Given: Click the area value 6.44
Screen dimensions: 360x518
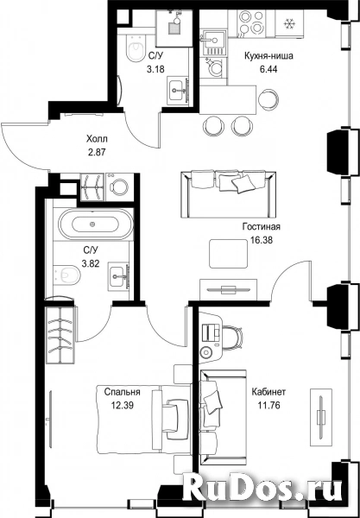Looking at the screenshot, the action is coord(268,69).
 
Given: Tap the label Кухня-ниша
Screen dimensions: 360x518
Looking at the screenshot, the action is coord(268,56).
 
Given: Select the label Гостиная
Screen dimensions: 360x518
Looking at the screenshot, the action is coord(262,227).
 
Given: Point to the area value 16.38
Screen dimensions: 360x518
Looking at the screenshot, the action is coord(262,241).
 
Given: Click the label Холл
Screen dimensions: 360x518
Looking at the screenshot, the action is coord(97,139).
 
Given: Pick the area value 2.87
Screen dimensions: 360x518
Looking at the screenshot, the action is coord(97,153).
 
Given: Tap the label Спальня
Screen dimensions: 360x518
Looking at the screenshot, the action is coord(123,392).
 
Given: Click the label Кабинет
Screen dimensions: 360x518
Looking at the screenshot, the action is coord(268,392).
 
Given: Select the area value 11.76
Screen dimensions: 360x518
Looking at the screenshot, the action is coord(268,406).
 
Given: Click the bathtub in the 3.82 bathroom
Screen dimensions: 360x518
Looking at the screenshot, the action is coord(96,224).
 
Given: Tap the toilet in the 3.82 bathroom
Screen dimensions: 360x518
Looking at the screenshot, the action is coord(66,274).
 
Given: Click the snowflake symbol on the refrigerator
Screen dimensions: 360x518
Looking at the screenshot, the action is coord(289,23).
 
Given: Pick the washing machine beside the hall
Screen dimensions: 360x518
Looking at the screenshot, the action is coord(119,187).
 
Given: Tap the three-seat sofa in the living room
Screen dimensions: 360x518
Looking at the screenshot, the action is coord(228,194).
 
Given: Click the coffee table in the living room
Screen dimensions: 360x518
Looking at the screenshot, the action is coord(228,254).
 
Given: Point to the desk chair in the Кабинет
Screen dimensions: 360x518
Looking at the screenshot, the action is coord(233,337).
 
